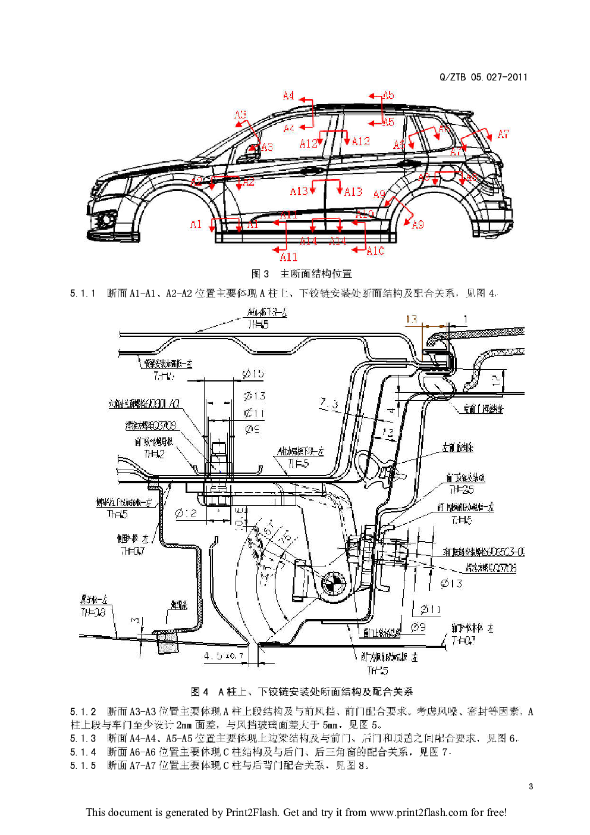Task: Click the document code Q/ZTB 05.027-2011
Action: tap(483, 77)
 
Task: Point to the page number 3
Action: tap(531, 786)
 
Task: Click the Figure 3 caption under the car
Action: tap(302, 274)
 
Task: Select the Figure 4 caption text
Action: tap(302, 692)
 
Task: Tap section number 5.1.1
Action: tap(83, 293)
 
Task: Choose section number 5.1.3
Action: tap(83, 738)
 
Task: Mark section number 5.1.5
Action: tap(83, 765)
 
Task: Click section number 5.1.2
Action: tap(83, 711)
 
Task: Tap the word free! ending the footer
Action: tap(496, 812)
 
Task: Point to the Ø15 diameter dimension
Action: tap(253, 374)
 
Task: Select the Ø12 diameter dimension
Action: tap(186, 513)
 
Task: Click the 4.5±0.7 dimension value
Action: tap(223, 656)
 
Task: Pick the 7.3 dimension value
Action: tap(329, 404)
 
